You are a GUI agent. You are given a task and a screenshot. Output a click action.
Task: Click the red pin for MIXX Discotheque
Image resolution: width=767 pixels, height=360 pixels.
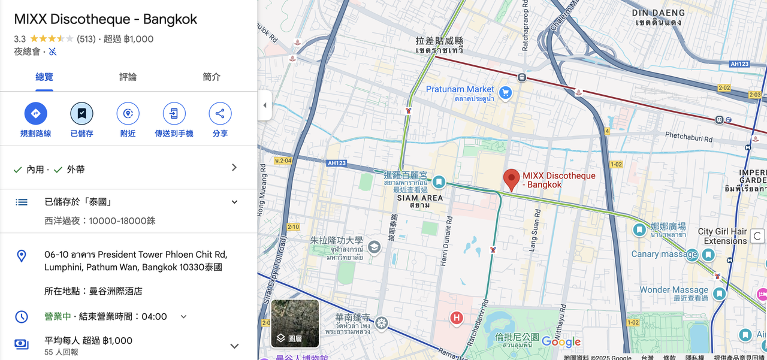[511, 179]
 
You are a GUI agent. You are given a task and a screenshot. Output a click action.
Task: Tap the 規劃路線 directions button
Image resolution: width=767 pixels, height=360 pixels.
[35, 113]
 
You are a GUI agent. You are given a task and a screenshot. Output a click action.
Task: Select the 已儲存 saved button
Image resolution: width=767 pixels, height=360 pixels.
[81, 113]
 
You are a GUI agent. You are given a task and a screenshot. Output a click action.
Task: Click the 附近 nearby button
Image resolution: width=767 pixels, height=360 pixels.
[128, 113]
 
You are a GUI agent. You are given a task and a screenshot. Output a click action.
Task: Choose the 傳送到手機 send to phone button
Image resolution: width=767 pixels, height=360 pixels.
[174, 113]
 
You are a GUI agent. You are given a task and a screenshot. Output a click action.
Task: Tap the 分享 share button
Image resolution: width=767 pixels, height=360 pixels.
[220, 113]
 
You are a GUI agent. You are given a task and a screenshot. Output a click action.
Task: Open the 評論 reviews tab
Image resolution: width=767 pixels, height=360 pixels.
[128, 77]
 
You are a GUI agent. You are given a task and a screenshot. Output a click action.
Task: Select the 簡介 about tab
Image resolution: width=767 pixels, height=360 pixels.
[212, 77]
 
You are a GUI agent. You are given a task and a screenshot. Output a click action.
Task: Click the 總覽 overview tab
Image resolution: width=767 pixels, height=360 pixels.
[44, 77]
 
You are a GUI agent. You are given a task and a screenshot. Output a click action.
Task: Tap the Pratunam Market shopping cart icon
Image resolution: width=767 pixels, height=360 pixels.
[506, 92]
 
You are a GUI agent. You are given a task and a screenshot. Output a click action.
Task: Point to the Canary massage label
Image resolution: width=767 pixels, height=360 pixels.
[664, 254]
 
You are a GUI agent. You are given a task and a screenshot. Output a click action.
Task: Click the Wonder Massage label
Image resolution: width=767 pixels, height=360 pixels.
[674, 290]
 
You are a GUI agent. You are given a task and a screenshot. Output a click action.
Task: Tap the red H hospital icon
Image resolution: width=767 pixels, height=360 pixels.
[457, 317]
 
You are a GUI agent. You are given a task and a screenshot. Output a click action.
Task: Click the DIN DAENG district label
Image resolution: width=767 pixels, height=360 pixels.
[658, 13]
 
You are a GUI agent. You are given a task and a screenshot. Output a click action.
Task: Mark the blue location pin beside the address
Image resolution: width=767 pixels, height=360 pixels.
[22, 256]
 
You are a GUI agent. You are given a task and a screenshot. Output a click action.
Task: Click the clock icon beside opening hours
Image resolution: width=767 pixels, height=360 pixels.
[22, 317]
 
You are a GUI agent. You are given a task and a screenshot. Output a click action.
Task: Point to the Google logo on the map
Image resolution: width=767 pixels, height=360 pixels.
[561, 342]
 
